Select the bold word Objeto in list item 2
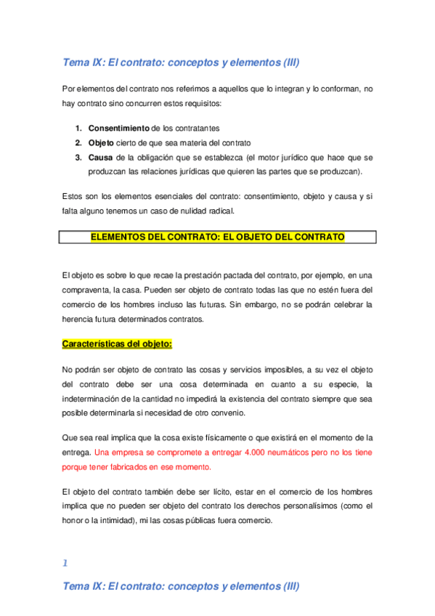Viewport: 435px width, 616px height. (101, 142)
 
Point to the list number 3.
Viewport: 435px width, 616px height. (78, 156)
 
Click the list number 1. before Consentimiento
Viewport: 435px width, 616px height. (78, 128)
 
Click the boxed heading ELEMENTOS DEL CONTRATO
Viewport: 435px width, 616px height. (218, 237)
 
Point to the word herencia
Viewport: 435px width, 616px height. (79, 318)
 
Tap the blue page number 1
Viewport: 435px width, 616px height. (65, 563)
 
